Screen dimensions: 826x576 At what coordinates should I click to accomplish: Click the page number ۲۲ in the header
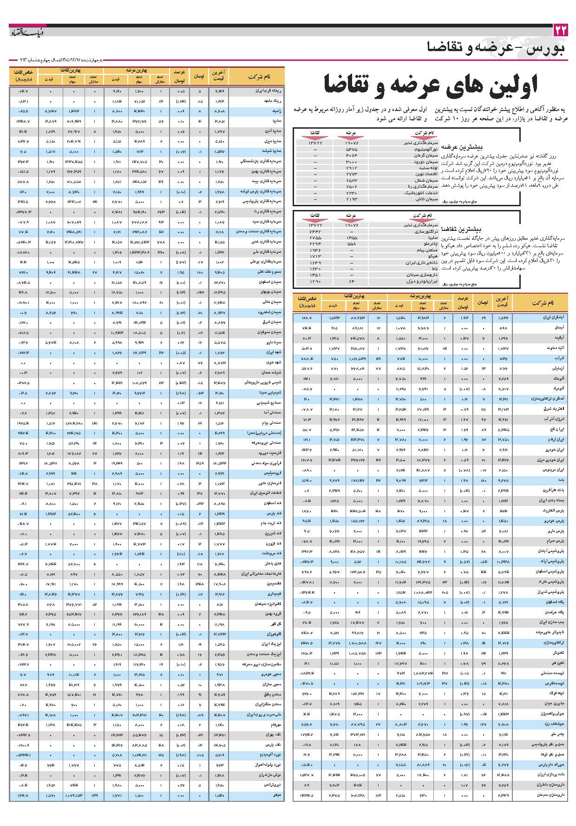(561, 31)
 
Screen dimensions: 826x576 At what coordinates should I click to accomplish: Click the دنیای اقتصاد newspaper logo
(27, 32)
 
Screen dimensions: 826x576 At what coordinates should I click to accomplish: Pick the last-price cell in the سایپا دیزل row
(220, 141)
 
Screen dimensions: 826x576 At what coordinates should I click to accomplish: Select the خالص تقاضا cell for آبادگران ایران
(307, 317)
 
